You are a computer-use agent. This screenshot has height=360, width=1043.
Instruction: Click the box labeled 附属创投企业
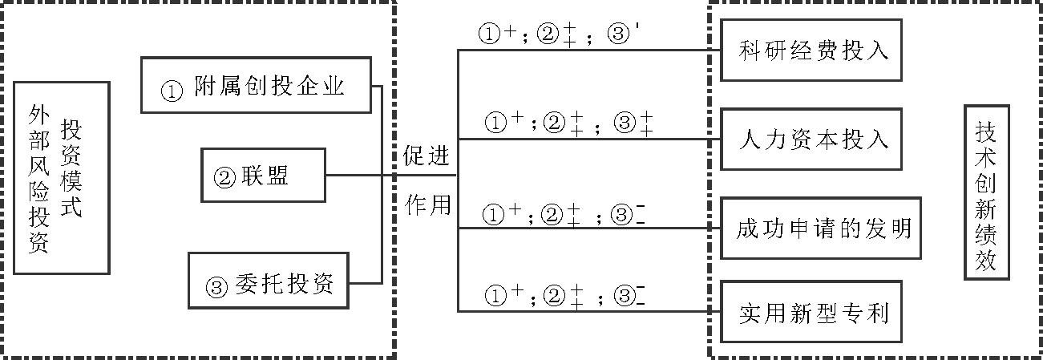[256, 84]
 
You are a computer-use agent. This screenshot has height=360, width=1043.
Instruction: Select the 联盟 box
[263, 176]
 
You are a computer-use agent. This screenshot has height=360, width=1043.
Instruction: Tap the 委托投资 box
[268, 280]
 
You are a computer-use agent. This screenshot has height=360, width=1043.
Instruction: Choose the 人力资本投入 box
[812, 138]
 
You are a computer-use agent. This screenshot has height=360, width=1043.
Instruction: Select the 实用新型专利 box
[812, 312]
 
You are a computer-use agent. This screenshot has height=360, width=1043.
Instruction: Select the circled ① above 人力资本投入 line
[497, 123]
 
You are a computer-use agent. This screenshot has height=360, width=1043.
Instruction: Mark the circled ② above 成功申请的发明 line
[552, 215]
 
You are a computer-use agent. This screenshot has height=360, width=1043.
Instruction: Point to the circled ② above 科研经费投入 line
[552, 34]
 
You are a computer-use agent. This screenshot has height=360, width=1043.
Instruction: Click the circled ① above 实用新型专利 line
[497, 297]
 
